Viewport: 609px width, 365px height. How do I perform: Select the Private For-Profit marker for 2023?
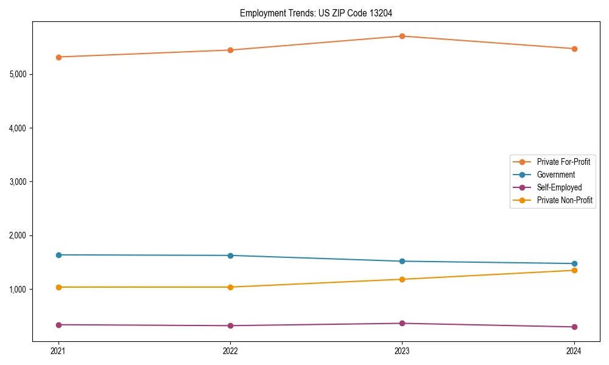click(x=402, y=36)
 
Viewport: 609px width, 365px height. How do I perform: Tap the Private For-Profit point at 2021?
click(x=58, y=57)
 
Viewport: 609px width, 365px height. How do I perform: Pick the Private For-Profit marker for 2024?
click(x=574, y=49)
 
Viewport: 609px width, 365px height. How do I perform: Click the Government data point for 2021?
click(x=58, y=255)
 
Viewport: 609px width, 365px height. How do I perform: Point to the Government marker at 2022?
click(x=230, y=255)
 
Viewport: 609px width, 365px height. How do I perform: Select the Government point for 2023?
click(x=402, y=262)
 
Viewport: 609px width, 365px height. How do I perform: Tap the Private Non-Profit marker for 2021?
click(x=58, y=287)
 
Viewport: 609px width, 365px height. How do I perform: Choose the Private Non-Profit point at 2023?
click(x=402, y=279)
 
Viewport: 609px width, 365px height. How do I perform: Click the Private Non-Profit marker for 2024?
click(x=574, y=270)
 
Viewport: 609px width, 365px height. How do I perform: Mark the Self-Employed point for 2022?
click(x=230, y=325)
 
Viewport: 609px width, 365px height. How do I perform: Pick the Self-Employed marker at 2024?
click(x=574, y=327)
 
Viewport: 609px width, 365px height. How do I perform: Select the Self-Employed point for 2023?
click(x=402, y=323)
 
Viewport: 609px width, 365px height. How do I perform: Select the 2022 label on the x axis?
click(x=230, y=350)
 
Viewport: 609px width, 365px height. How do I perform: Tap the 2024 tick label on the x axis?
click(x=574, y=350)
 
